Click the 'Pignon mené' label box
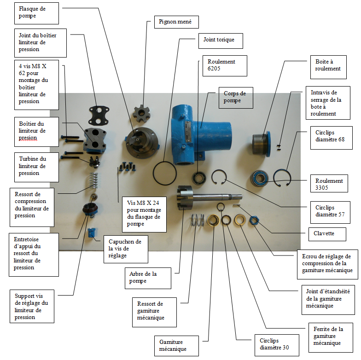click(172, 22)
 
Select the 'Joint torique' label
click(220, 40)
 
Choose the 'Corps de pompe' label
click(235, 97)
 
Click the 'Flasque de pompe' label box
click(36, 12)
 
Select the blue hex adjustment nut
click(253, 220)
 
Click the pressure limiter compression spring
click(94, 180)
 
